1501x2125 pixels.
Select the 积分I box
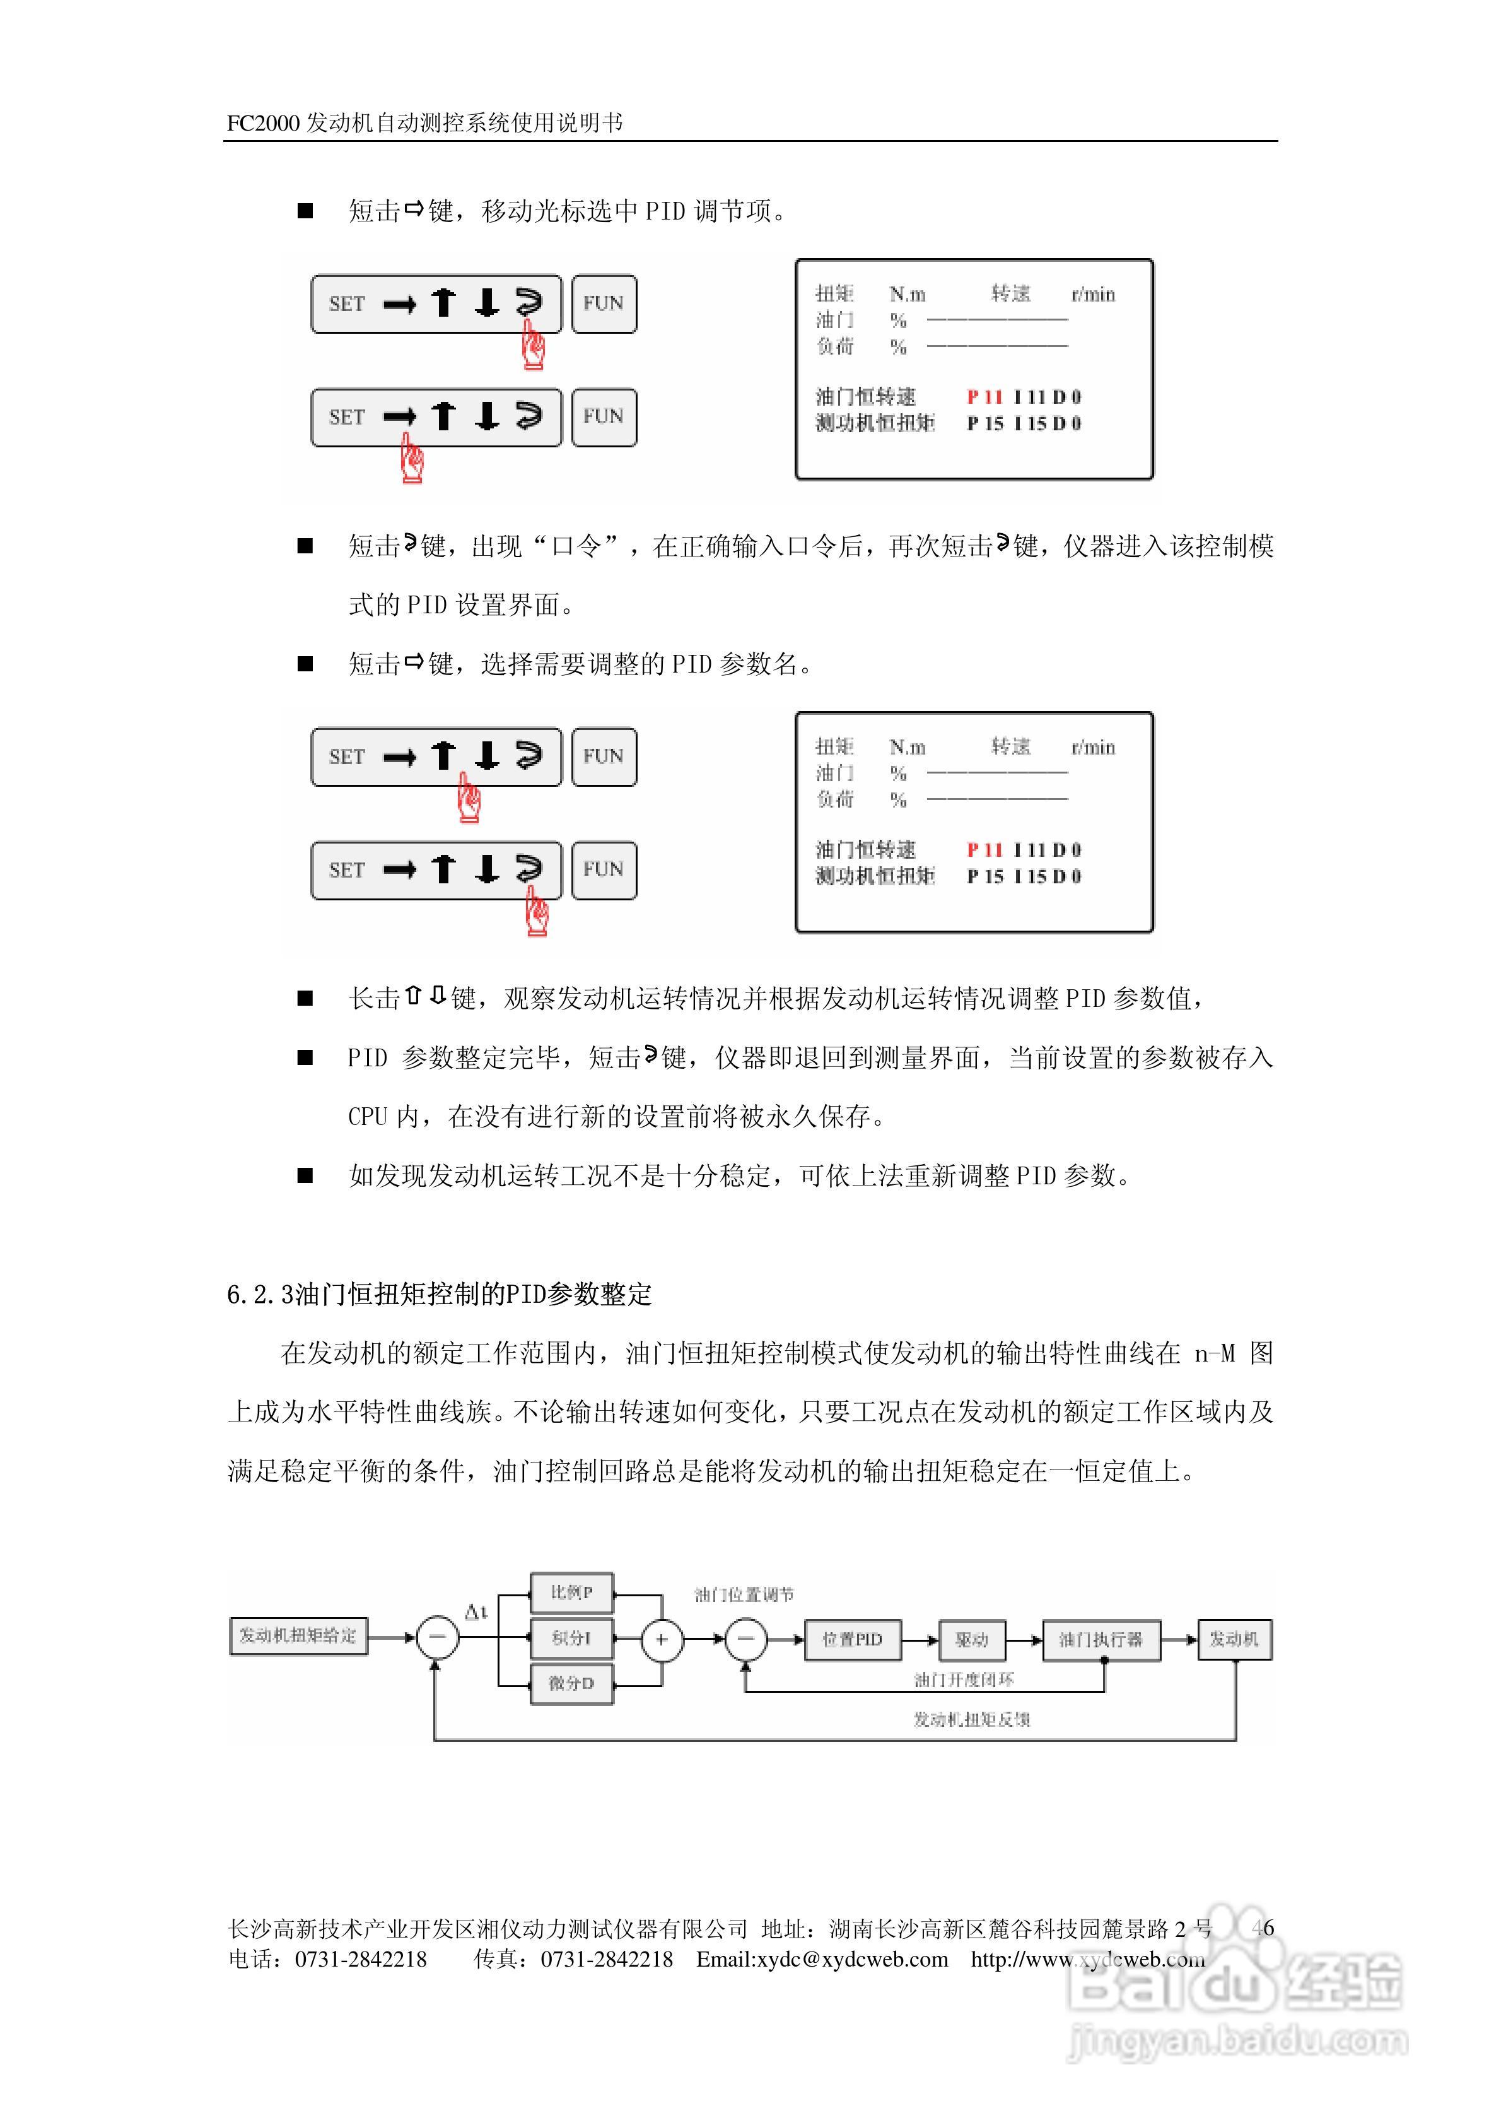571,1638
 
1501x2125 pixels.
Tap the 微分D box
571,1683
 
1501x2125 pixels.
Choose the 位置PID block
852,1639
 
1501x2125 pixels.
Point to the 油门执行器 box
1101,1639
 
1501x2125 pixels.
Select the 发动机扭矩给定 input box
298,1635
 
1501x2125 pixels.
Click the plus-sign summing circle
662,1640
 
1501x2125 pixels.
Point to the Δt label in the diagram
476,1612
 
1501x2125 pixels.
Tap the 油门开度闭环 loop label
963,1679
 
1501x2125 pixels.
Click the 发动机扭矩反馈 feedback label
972,1719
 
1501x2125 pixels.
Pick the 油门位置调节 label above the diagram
744,1594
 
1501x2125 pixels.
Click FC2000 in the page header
263,123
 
